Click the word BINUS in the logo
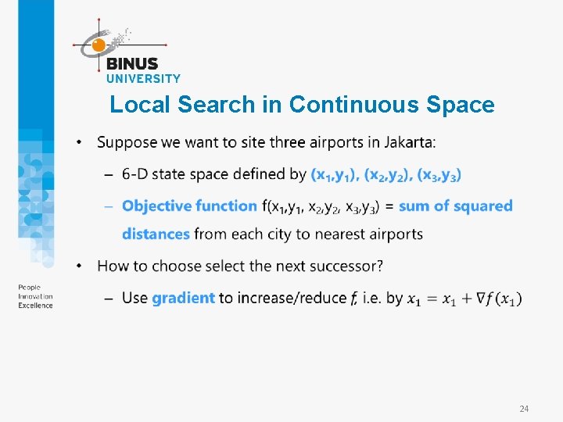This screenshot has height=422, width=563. pyautogui.click(x=131, y=64)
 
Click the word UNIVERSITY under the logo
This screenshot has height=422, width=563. pyautogui.click(x=143, y=78)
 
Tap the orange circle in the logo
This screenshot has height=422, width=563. pyautogui.click(x=99, y=45)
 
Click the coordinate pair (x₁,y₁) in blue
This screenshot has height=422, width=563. pyautogui.click(x=335, y=174)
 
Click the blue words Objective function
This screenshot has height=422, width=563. pyautogui.click(x=190, y=206)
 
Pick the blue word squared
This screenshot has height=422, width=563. pyautogui.click(x=482, y=206)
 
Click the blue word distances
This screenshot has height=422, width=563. pyautogui.click(x=156, y=234)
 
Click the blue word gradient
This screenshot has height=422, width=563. pyautogui.click(x=183, y=298)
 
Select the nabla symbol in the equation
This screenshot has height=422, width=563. pyautogui.click(x=470, y=299)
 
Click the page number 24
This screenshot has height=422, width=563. pyautogui.click(x=524, y=409)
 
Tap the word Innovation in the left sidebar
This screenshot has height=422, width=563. pyautogui.click(x=36, y=297)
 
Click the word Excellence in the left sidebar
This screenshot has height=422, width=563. pyautogui.click(x=36, y=305)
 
